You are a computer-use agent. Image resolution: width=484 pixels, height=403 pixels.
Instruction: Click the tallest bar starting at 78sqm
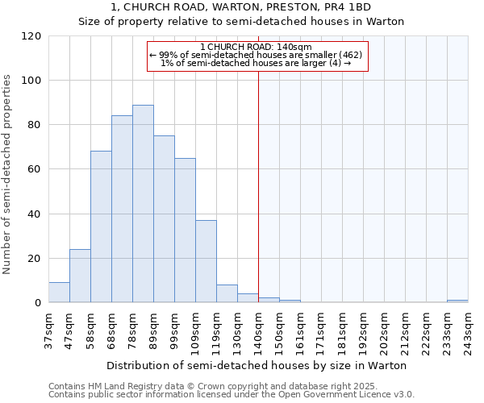point(143,204)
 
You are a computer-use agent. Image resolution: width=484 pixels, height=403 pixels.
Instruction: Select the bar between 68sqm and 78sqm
point(122,210)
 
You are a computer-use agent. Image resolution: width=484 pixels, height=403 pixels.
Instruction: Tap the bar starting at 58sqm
point(101,227)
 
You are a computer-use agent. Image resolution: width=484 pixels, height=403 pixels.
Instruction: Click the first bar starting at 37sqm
point(59,293)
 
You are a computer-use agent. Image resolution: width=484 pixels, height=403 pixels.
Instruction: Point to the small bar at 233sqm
point(457,301)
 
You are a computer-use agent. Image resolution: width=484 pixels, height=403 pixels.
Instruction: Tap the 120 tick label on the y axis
point(31,36)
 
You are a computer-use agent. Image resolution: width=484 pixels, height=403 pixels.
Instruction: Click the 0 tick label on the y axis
point(37,303)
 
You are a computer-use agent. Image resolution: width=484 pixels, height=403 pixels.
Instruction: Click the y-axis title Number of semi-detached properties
point(8,174)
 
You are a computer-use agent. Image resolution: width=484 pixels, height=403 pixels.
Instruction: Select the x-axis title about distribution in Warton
point(257,365)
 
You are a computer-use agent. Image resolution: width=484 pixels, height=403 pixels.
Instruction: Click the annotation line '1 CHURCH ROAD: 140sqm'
point(256,48)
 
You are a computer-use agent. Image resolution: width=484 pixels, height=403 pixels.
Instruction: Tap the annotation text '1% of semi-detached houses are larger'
point(256,63)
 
